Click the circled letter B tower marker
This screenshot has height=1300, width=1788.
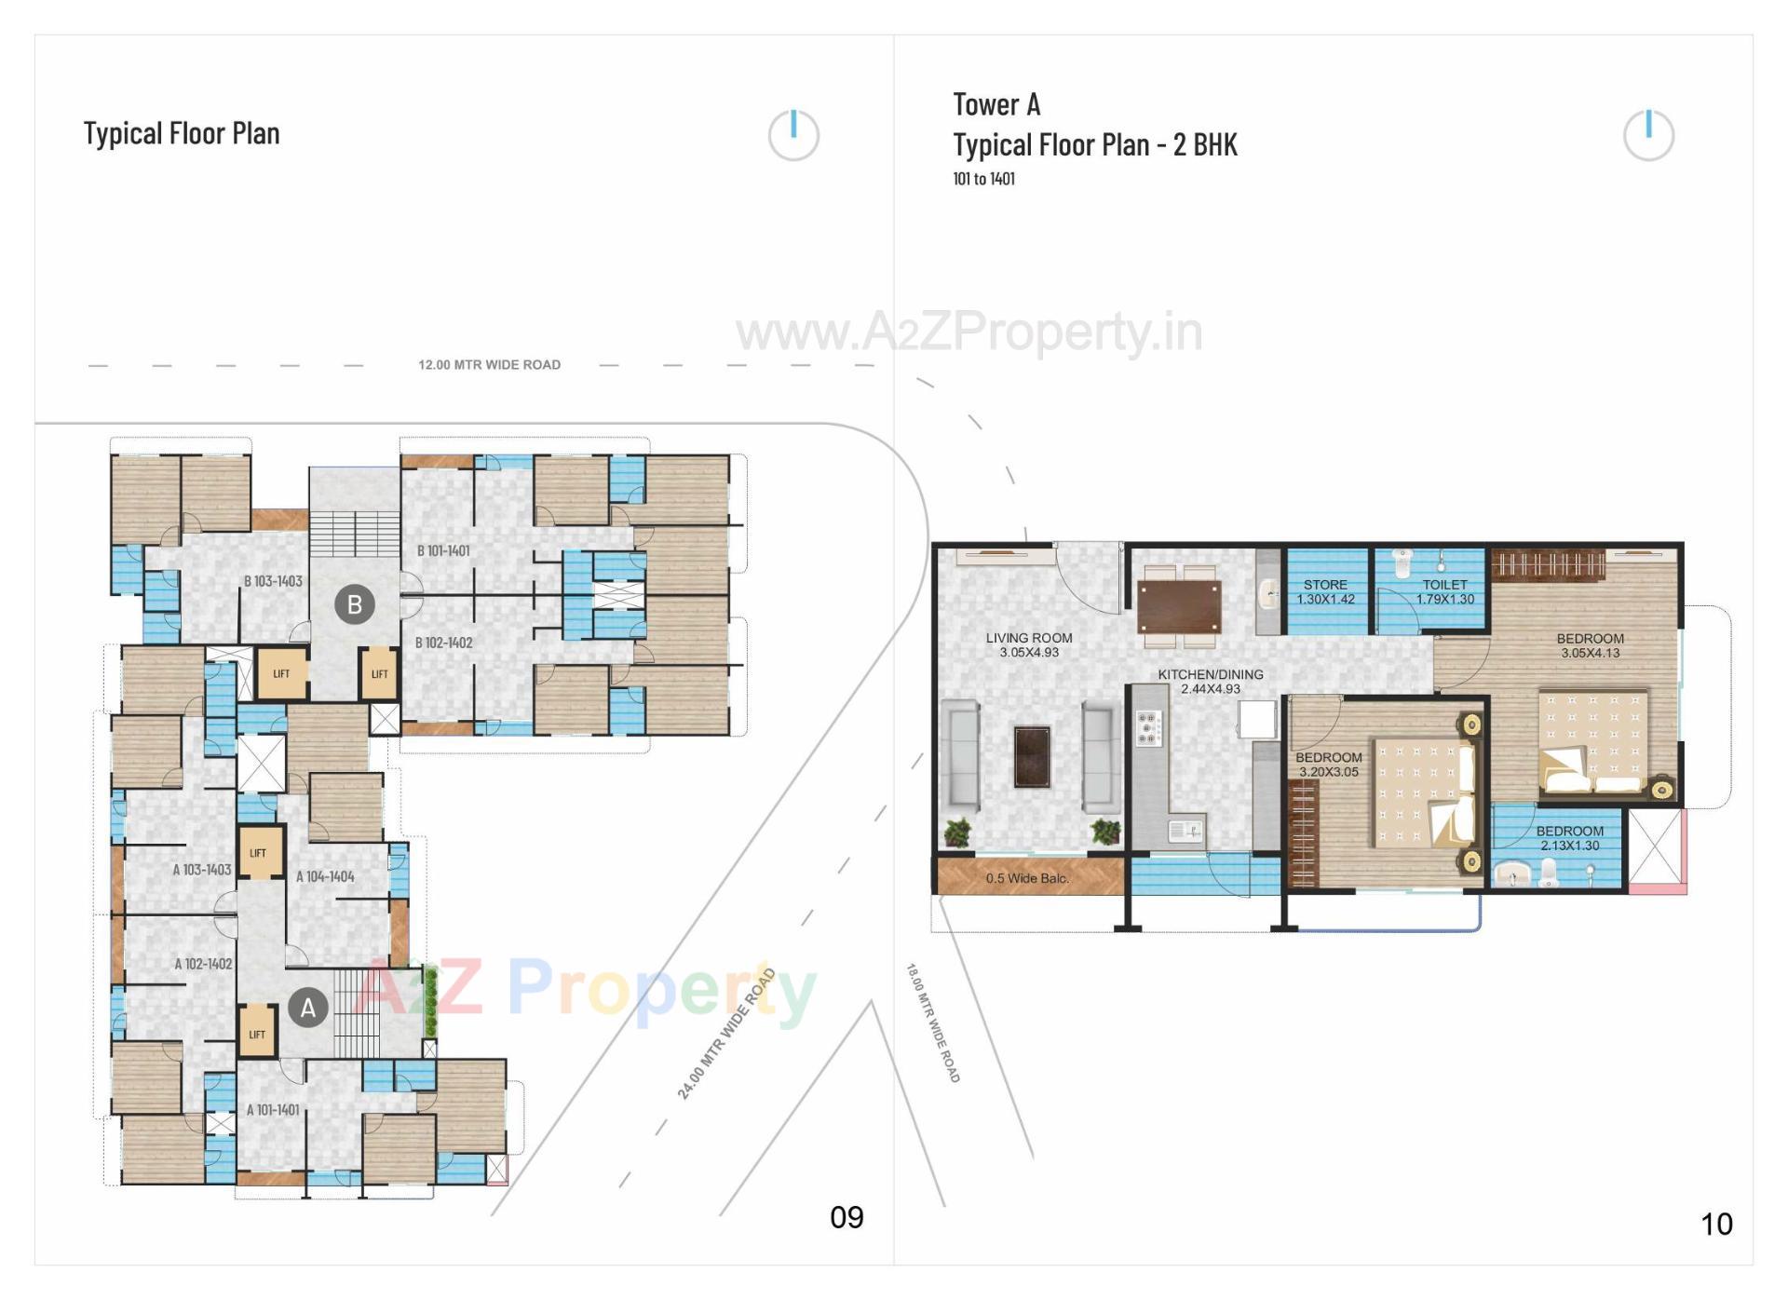(354, 604)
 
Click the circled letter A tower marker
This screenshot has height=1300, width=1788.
(307, 1007)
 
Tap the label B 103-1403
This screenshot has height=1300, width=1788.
(273, 581)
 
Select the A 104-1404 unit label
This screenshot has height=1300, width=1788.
(325, 876)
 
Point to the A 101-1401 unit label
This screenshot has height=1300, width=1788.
(273, 1110)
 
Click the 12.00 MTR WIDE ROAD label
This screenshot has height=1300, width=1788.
(489, 365)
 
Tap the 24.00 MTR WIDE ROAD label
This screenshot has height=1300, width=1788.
(726, 1034)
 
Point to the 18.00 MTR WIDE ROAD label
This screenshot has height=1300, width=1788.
(932, 1022)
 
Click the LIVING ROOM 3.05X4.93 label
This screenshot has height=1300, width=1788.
(1029, 644)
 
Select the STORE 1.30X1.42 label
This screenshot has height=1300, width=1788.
(1325, 591)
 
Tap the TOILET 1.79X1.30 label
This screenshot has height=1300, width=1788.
(1444, 591)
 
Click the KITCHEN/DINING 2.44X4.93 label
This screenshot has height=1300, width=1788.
(1211, 681)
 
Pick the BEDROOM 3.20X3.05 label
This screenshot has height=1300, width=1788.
(1328, 764)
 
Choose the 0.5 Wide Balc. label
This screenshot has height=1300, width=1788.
(1027, 878)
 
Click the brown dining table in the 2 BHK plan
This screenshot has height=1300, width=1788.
(1178, 606)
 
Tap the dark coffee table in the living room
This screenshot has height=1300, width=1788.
(1032, 755)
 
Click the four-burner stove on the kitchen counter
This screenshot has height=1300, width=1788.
(1148, 727)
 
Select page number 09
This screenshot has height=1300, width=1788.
(847, 1217)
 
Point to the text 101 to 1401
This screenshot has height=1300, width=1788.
(983, 179)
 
